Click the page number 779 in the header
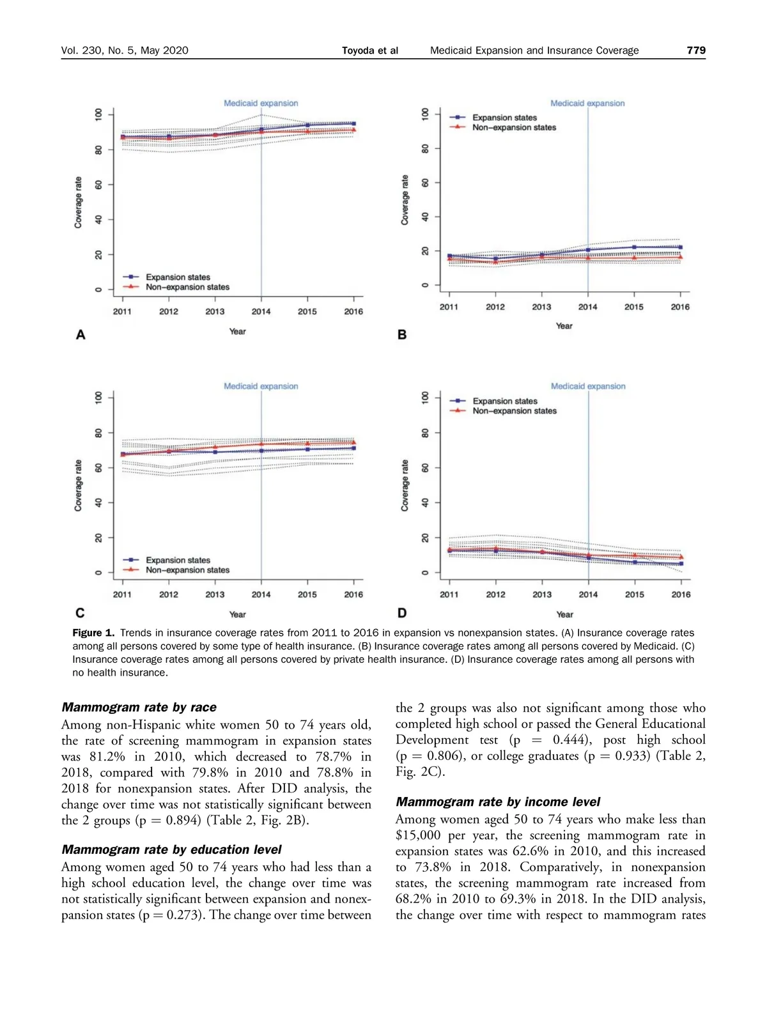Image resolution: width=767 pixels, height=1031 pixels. [696, 50]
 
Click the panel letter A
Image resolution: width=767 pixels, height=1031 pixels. [81, 334]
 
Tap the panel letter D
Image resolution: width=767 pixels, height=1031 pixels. [402, 613]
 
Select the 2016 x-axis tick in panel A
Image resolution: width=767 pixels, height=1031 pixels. [353, 311]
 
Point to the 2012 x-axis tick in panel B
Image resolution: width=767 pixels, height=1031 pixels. [495, 307]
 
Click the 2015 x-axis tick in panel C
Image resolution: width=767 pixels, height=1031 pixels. [307, 594]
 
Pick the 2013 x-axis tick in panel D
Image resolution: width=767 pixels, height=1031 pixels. [542, 594]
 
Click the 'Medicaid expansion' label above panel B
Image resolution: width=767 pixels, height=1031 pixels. [587, 103]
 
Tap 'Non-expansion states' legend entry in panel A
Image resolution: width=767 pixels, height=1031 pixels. [187, 287]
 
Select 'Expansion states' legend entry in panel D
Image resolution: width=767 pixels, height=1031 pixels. [505, 401]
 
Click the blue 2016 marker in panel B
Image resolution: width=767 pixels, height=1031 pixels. [680, 247]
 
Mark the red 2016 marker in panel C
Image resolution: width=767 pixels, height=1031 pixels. [353, 442]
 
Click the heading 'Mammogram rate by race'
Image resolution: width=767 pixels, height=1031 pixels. [139, 707]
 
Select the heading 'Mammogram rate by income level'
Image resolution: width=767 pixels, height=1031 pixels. [498, 802]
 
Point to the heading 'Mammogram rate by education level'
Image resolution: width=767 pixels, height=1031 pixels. [171, 849]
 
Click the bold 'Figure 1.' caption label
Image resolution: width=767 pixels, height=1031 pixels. [93, 633]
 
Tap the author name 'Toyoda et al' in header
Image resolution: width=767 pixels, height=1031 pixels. [369, 50]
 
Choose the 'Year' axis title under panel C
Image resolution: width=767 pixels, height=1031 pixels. [237, 614]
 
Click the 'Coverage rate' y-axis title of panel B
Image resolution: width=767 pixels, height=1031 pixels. [405, 199]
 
